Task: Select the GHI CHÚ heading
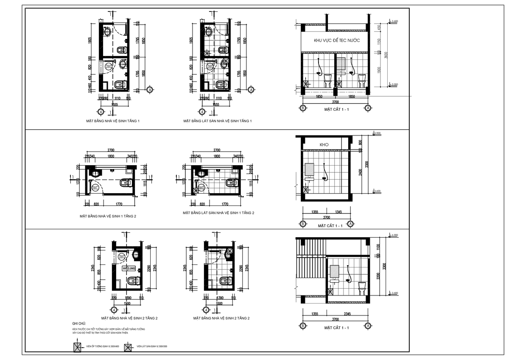(x=79, y=323)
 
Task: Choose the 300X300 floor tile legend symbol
(x=127, y=347)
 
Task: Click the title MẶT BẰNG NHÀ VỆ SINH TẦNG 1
(x=112, y=121)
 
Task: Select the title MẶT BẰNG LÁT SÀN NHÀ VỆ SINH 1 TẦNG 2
(x=218, y=213)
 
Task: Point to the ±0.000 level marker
(x=394, y=84)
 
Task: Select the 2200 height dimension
(x=379, y=276)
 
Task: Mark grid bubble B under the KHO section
(x=303, y=224)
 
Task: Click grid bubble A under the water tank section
(x=367, y=108)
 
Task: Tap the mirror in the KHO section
(x=309, y=169)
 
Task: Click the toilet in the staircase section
(x=361, y=287)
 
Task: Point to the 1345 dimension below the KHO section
(x=338, y=211)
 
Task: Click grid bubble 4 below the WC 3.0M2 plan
(x=113, y=309)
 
